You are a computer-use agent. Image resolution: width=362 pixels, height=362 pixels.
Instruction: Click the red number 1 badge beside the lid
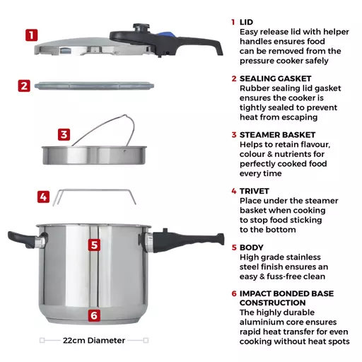32,35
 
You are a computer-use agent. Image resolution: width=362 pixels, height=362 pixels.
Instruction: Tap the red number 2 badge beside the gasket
24,86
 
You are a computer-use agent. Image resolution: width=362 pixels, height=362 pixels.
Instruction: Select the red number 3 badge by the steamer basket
64,134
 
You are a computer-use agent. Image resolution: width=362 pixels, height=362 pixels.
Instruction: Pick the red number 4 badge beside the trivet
43,197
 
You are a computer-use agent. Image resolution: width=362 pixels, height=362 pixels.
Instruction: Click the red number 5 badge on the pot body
94,245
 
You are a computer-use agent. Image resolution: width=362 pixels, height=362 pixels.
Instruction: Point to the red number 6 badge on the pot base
94,315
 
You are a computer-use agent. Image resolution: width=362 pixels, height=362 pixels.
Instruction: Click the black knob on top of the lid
141,28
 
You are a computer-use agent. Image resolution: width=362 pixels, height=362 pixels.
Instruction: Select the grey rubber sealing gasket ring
94,86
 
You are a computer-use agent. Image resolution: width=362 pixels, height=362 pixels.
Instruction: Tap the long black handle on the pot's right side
186,241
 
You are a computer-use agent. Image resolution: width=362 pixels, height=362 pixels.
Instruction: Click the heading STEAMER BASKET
277,135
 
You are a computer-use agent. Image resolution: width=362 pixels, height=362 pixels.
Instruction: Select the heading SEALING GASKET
276,78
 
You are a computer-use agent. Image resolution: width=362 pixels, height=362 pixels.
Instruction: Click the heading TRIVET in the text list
255,191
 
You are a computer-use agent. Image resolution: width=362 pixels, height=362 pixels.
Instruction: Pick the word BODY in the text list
252,247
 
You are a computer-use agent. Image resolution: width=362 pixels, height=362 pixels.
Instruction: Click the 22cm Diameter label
94,340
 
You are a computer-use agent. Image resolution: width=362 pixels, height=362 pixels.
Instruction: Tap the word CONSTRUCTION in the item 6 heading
273,303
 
